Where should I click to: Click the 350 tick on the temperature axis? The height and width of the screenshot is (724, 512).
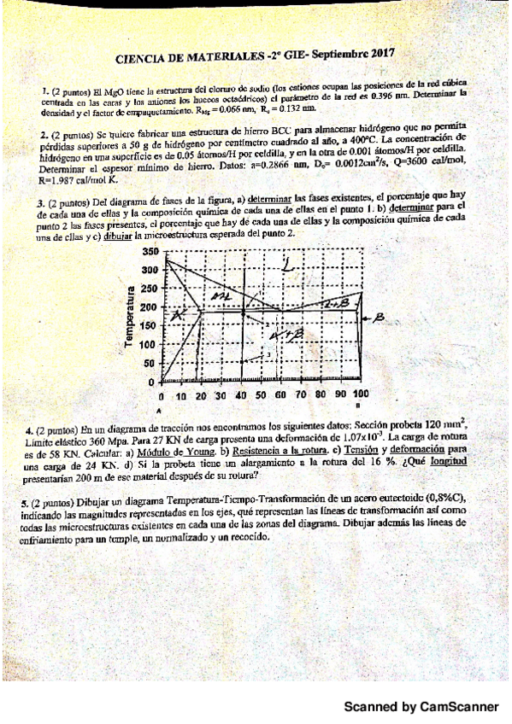coord(150,252)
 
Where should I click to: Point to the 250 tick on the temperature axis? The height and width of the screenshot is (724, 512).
coord(150,289)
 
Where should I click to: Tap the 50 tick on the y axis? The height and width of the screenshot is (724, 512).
coord(152,363)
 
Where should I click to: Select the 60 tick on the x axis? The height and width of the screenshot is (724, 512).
coord(280,396)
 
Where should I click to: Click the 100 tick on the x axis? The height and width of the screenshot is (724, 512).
coord(361,396)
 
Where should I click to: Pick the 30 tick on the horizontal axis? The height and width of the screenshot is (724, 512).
coord(221,396)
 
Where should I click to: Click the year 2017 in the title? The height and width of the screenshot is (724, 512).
coord(377,54)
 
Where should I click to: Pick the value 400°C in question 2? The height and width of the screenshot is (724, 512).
coord(355,139)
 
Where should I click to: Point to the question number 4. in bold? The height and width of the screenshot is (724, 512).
coord(30,430)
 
